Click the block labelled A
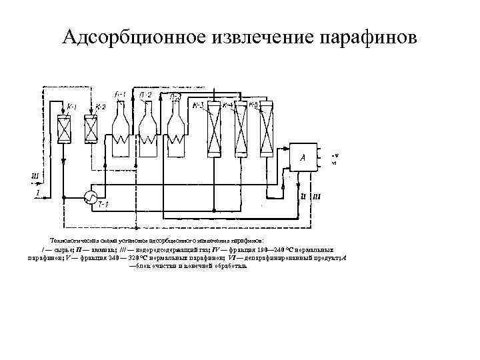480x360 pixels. point(303,158)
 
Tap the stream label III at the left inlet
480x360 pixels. point(35,176)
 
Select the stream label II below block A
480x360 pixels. point(303,196)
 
